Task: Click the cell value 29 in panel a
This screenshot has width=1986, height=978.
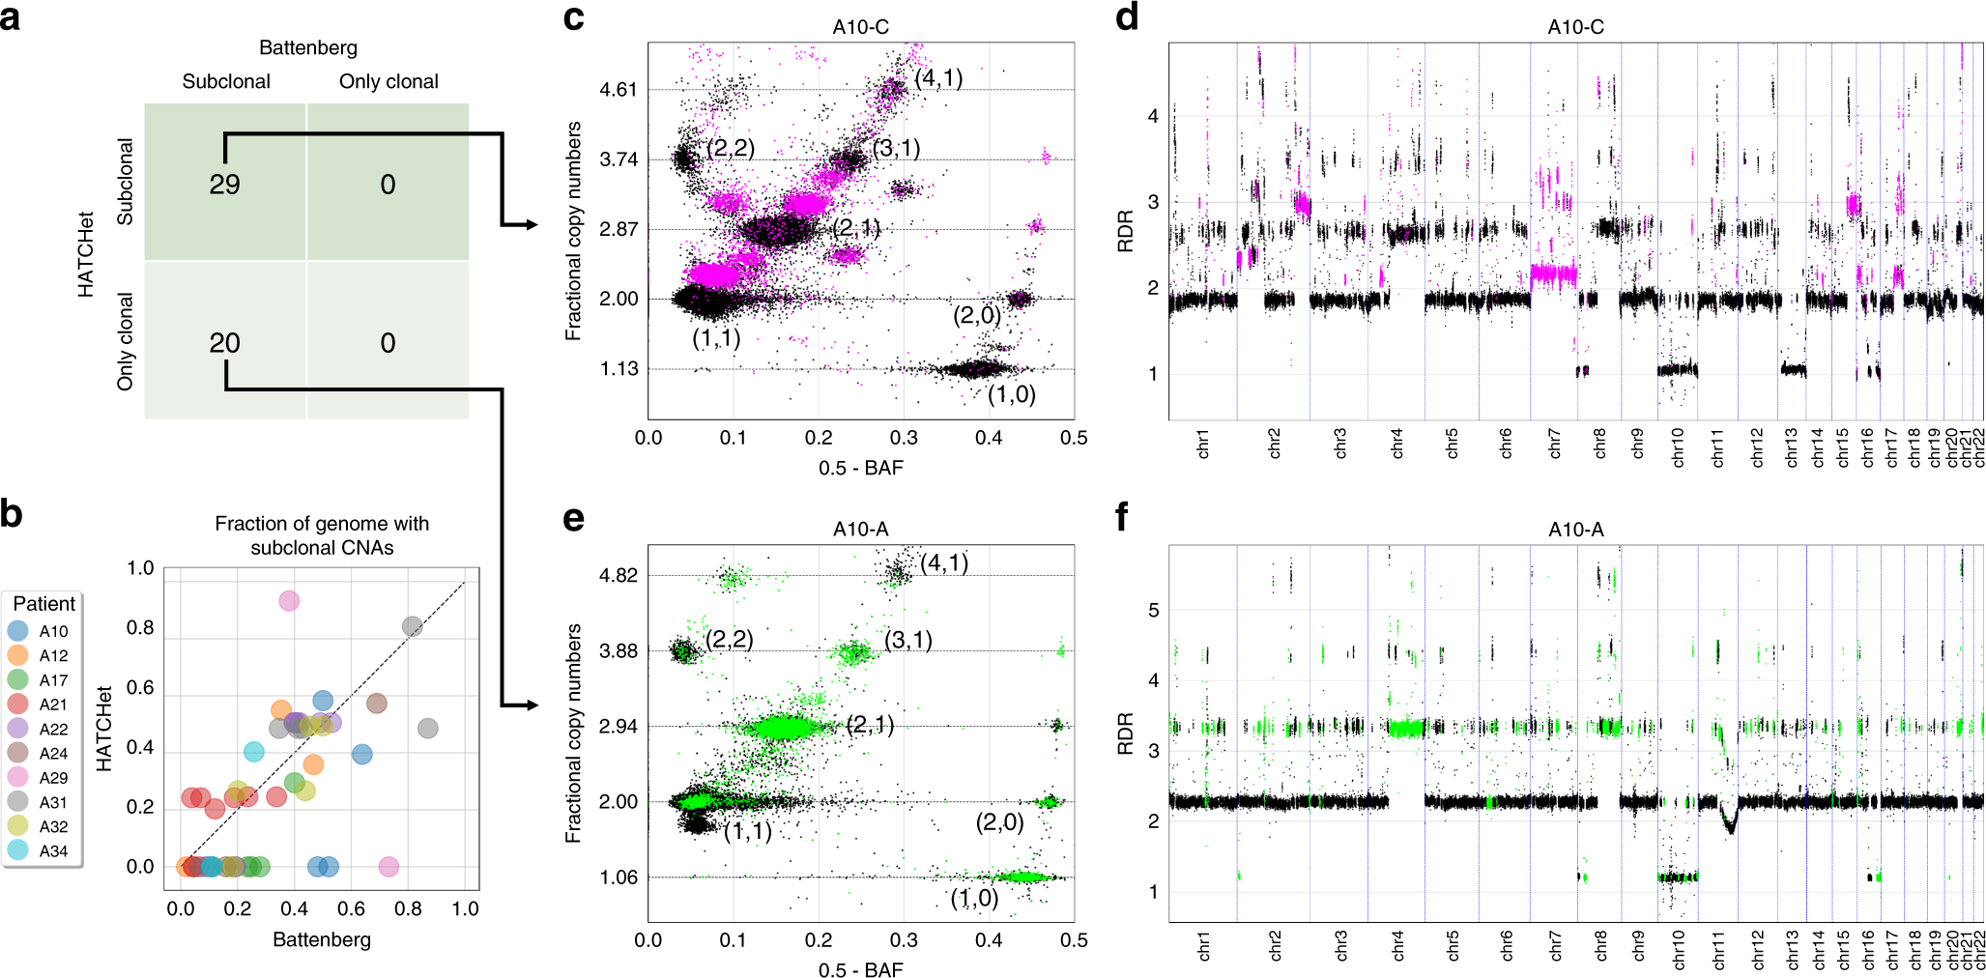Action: pyautogui.click(x=224, y=185)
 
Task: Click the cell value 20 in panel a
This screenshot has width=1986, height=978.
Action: pyautogui.click(x=224, y=343)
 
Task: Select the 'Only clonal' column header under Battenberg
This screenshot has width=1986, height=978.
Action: pyautogui.click(x=389, y=82)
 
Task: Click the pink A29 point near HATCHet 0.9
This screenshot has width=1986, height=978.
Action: pyautogui.click(x=288, y=601)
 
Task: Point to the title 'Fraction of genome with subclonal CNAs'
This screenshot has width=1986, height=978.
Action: pyautogui.click(x=322, y=535)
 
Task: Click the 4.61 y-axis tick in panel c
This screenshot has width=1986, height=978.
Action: pyautogui.click(x=619, y=90)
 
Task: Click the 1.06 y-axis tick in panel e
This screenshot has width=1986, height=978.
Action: pyautogui.click(x=619, y=877)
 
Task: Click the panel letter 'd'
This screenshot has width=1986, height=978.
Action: pyautogui.click(x=1127, y=16)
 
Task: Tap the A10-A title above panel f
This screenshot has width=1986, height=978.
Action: pyautogui.click(x=1575, y=530)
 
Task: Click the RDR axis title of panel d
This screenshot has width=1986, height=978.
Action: pyautogui.click(x=1125, y=232)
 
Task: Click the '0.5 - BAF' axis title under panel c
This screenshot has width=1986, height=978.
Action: pyautogui.click(x=860, y=468)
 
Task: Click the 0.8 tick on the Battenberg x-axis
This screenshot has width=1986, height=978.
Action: pyautogui.click(x=408, y=908)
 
